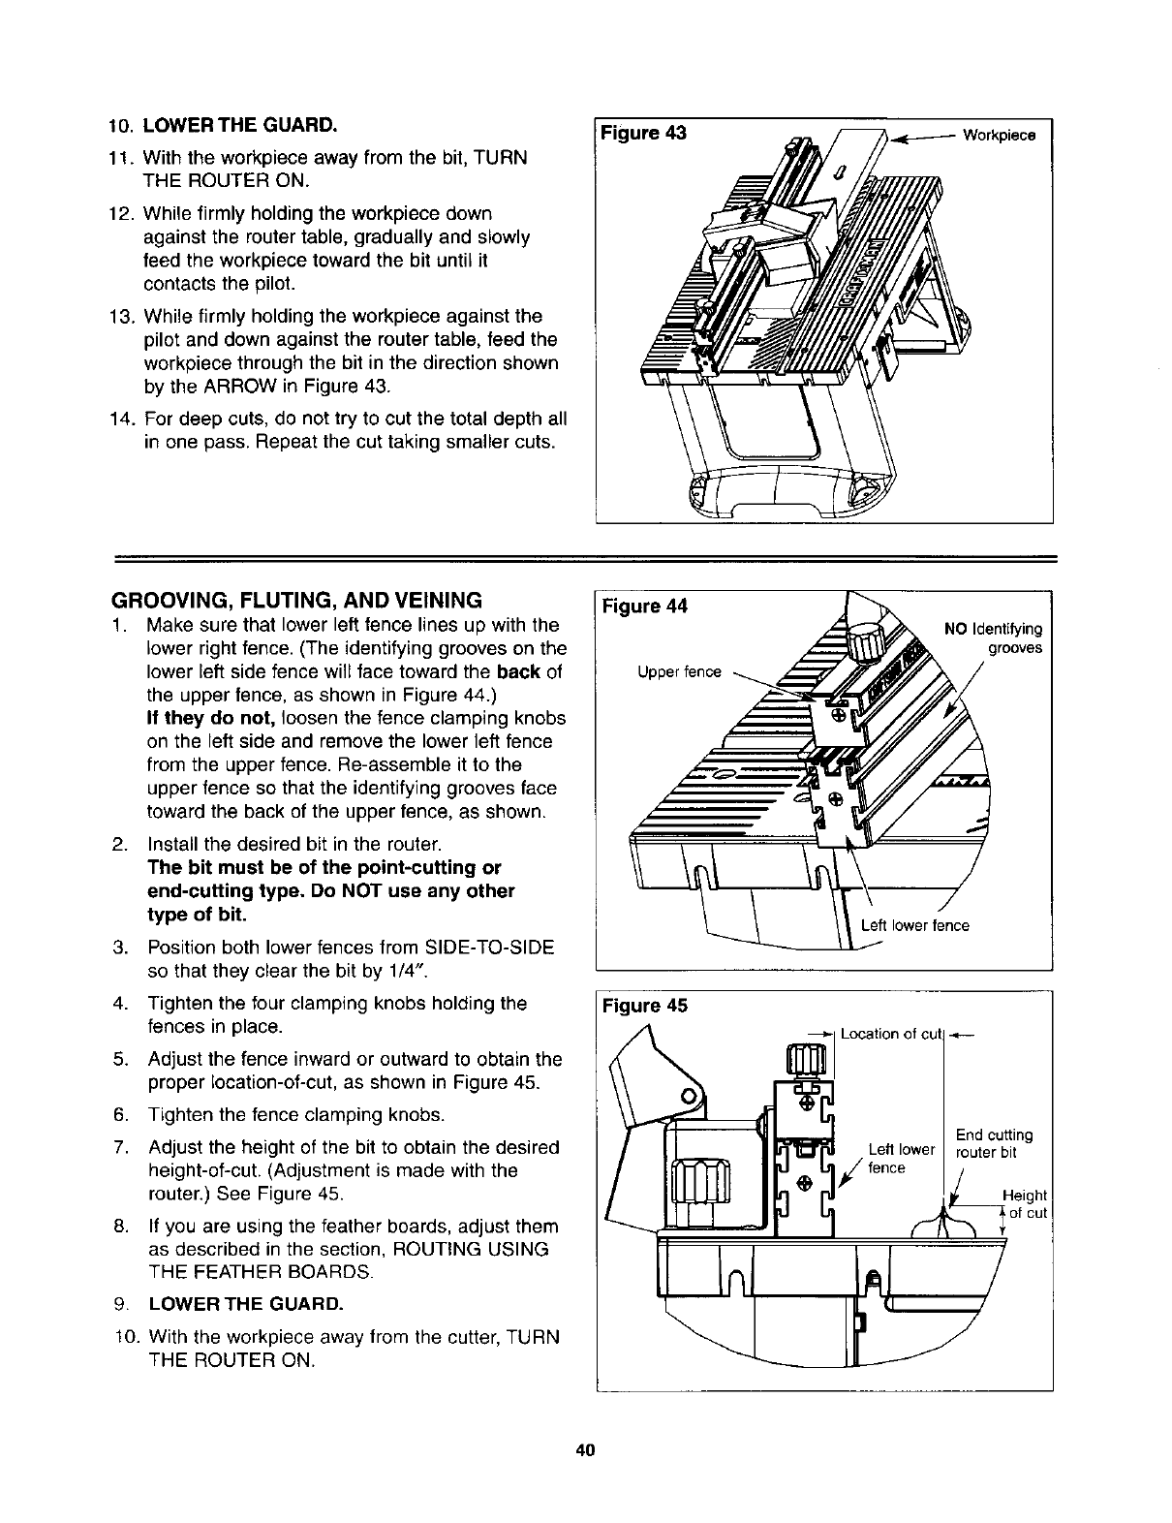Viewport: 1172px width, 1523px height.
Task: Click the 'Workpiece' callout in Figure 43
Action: (999, 135)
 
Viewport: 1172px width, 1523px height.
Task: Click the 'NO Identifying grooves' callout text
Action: (993, 637)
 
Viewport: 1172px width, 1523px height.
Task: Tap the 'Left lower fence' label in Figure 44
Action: (914, 925)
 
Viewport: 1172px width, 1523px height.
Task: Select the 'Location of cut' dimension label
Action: (891, 1034)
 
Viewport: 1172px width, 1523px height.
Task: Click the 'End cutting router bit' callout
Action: (993, 1143)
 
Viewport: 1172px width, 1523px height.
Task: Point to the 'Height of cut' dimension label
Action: (1026, 1205)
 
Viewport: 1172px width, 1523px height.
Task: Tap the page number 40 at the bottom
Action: (584, 1450)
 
